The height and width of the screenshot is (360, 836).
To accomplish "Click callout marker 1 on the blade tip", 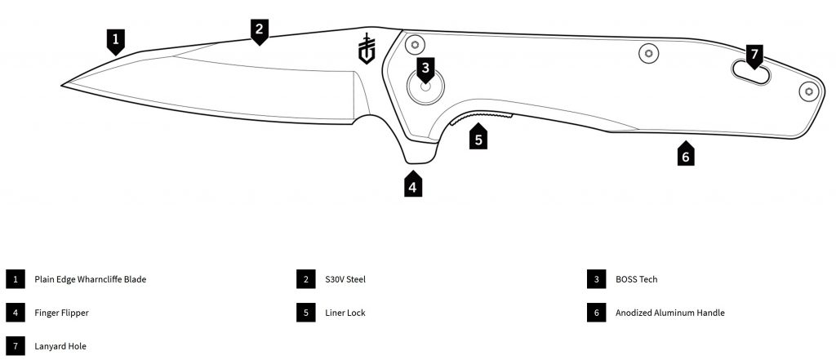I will [x=116, y=38].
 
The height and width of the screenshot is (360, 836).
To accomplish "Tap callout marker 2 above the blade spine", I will [x=259, y=29].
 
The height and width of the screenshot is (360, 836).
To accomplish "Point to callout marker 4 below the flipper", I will [x=413, y=186].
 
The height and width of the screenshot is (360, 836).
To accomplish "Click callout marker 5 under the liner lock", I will [x=478, y=138].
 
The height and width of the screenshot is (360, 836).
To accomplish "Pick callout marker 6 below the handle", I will [x=687, y=155].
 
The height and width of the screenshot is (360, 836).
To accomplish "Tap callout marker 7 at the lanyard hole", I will [x=754, y=56].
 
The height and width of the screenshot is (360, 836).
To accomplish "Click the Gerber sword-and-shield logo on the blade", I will [x=367, y=48].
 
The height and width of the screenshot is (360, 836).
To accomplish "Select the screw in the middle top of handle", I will [x=648, y=53].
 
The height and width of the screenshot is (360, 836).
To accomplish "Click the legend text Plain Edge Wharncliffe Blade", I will [x=90, y=279].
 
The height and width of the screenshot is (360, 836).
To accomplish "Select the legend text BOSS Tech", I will [x=637, y=279].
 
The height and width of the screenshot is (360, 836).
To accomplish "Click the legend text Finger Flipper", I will [x=61, y=313].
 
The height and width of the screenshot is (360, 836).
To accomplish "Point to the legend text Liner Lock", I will [x=344, y=313].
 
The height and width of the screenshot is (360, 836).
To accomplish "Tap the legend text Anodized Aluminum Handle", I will [x=670, y=313].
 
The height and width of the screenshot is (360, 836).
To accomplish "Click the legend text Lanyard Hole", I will [x=60, y=346].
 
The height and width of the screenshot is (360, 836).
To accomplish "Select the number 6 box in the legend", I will [x=597, y=313].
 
